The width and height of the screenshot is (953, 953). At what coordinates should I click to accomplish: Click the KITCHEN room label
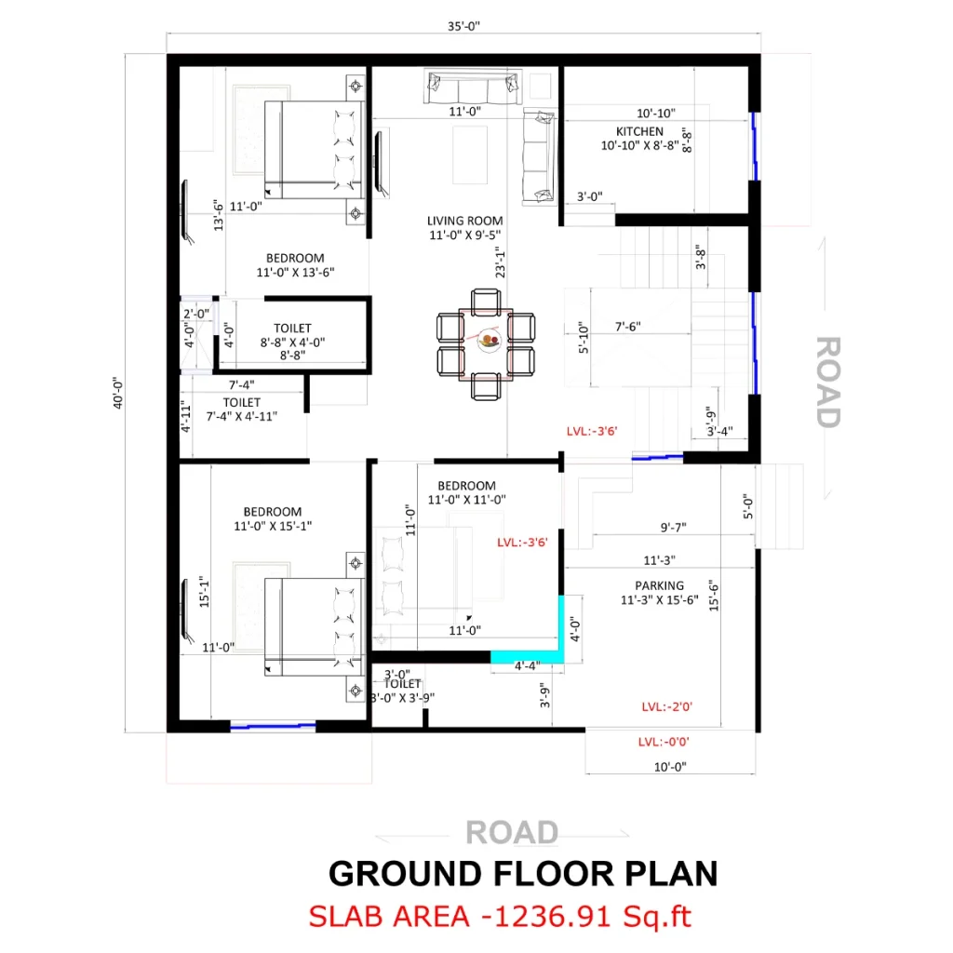tap(639, 132)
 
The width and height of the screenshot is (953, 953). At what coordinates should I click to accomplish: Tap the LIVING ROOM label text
tap(464, 221)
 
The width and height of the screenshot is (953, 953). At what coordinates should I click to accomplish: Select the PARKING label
tap(659, 585)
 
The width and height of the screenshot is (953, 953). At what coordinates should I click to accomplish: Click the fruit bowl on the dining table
tap(487, 342)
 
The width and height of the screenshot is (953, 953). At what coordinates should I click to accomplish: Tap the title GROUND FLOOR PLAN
tap(523, 874)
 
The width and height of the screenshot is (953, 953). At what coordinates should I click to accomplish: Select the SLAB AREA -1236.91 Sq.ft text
tap(500, 917)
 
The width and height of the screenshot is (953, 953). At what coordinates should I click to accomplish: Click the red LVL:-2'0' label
tap(666, 707)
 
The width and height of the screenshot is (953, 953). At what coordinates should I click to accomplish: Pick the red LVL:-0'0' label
tap(664, 742)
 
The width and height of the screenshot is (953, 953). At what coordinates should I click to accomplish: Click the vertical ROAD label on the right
tap(827, 381)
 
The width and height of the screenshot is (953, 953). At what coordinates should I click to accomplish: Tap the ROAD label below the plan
tap(512, 831)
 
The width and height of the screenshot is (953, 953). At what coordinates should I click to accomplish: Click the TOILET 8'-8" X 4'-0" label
tap(292, 335)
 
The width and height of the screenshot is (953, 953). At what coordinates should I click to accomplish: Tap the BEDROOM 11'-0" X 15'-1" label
tap(273, 518)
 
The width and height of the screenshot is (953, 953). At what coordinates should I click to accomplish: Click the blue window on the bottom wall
tap(272, 726)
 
